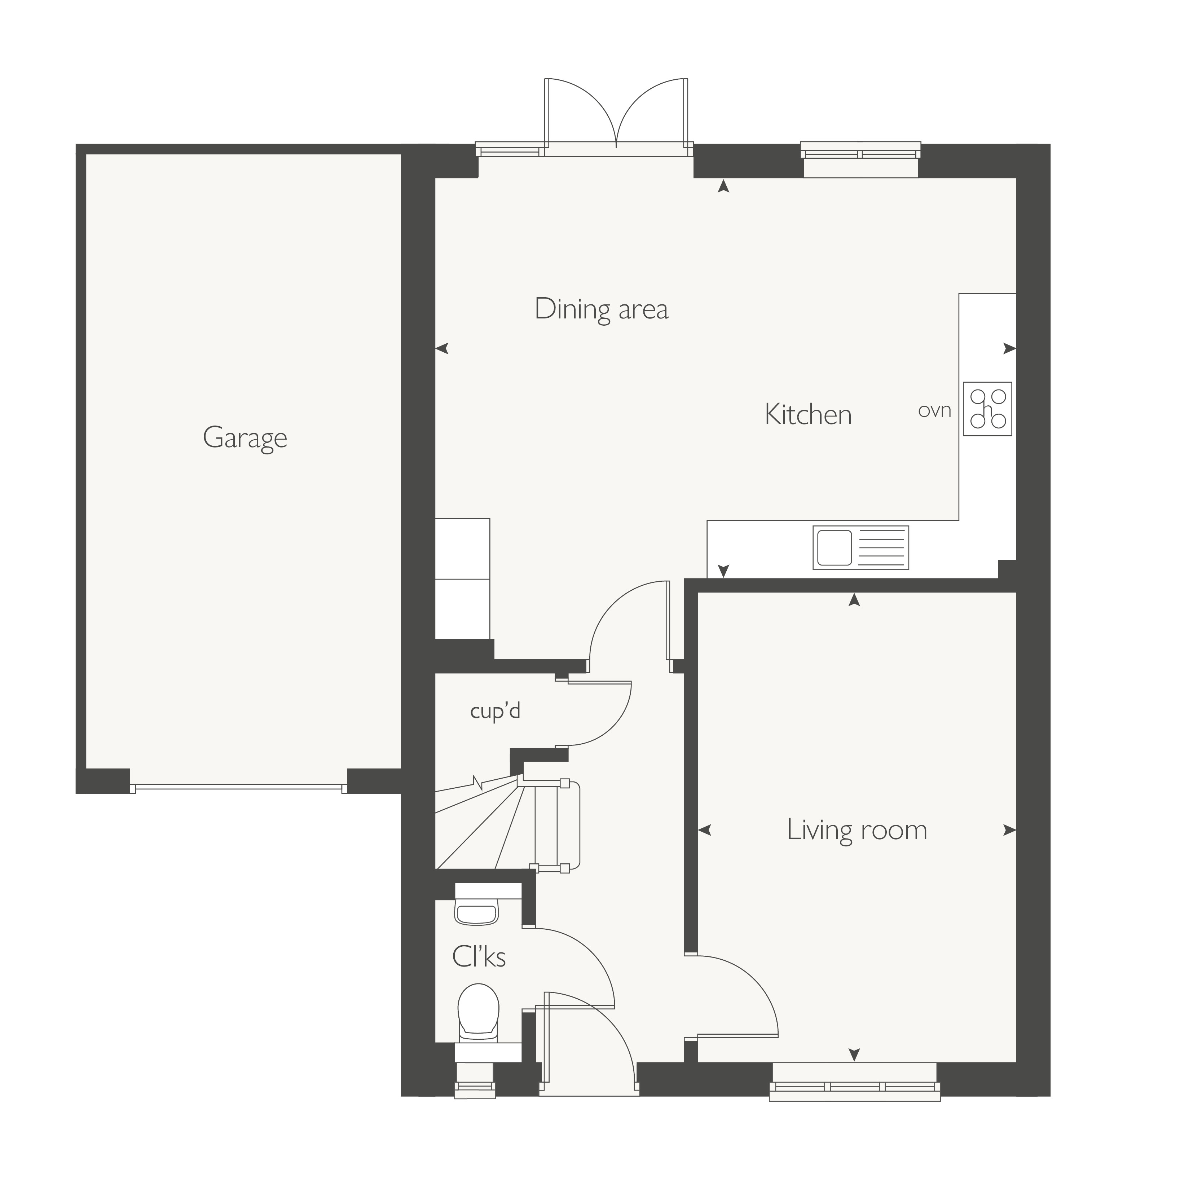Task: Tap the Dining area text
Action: click(x=602, y=309)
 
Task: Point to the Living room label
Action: click(x=857, y=829)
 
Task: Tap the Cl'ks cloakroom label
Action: click(x=479, y=956)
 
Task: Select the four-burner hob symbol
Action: click(x=987, y=409)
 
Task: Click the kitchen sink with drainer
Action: click(x=860, y=547)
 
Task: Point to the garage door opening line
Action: click(x=239, y=788)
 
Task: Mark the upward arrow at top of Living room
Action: click(x=854, y=599)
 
